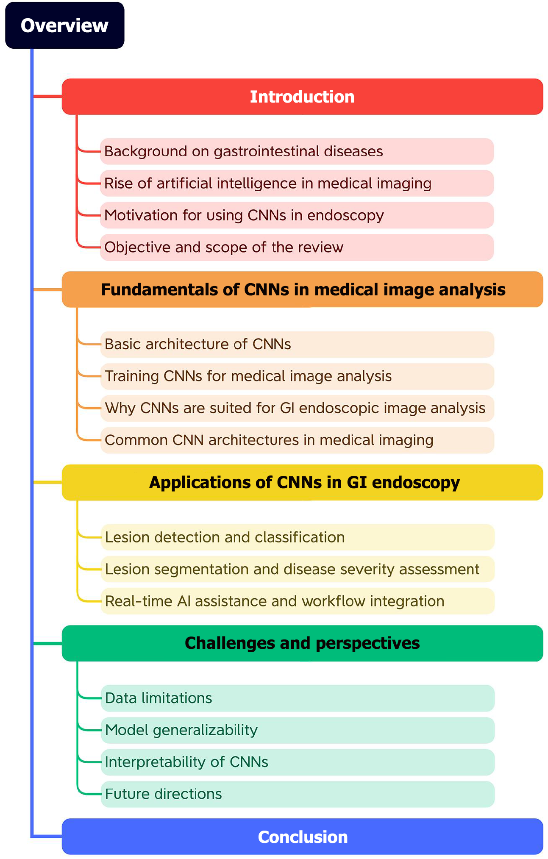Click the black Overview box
(64, 25)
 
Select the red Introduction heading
(302, 97)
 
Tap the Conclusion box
(302, 837)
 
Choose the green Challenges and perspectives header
(302, 643)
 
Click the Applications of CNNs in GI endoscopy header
(302, 483)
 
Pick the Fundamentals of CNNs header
(302, 289)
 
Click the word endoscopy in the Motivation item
(345, 216)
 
